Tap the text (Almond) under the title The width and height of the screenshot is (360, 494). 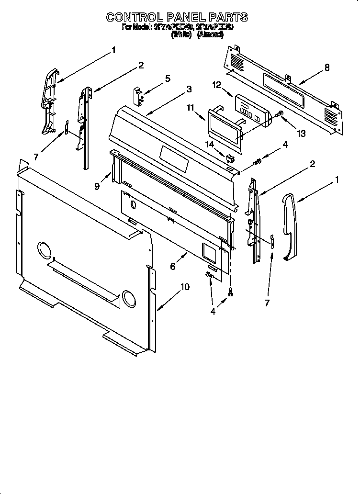click(210, 35)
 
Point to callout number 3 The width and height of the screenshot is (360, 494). click(189, 89)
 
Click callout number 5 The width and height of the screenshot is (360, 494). click(168, 79)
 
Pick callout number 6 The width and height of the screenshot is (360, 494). click(173, 267)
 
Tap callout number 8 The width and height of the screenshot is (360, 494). click(327, 67)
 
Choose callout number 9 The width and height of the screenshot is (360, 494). click(97, 187)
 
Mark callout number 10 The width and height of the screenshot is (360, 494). click(184, 287)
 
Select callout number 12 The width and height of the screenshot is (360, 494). click(216, 85)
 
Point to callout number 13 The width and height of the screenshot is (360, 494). click(301, 134)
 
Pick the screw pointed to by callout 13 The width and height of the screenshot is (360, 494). click(280, 114)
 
